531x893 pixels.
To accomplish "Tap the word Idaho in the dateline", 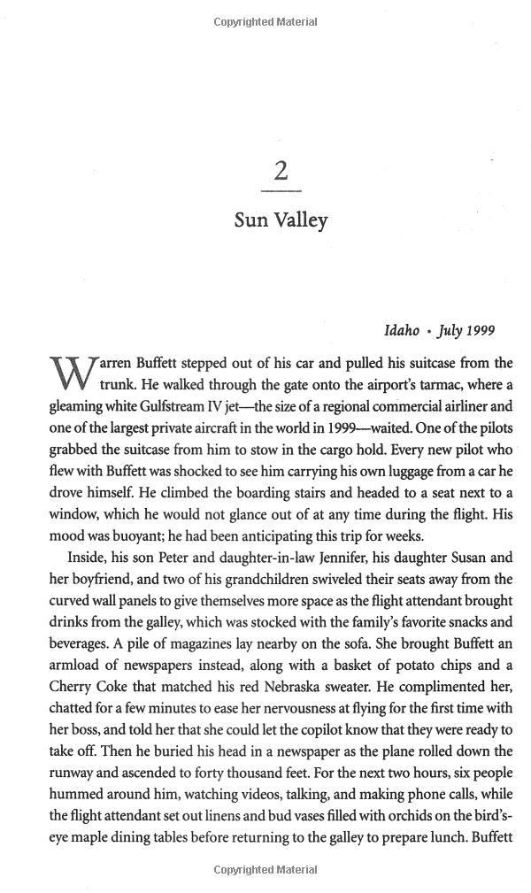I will pos(401,331).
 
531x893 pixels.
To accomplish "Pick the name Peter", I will pos(155,558).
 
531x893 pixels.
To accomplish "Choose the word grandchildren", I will pos(206,579).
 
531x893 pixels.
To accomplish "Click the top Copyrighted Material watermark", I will pos(265,21).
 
